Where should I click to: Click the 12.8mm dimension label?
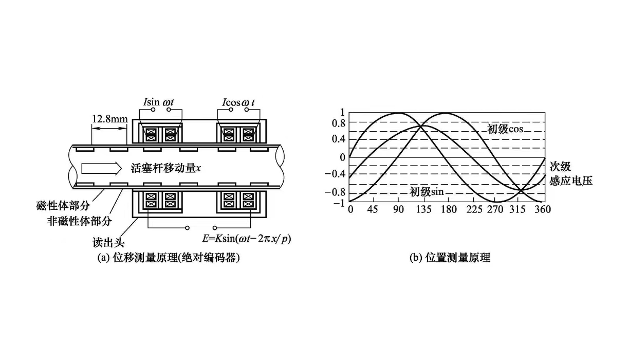[x=109, y=119]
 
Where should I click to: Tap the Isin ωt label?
[x=158, y=102]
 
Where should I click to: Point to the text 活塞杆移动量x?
[x=163, y=168]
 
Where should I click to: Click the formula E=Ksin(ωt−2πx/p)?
[x=247, y=239]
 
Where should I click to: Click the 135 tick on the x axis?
[x=423, y=209]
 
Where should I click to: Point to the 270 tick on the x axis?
[x=495, y=209]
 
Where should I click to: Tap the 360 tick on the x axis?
[x=543, y=209]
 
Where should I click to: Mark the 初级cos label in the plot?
[x=505, y=129]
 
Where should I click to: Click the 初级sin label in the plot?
[x=427, y=192]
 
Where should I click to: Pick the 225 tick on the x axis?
[x=473, y=209]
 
